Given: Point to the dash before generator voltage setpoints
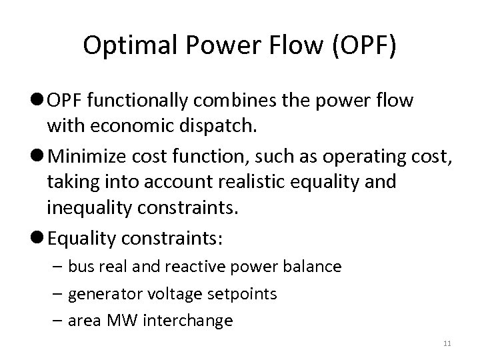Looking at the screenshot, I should click(x=59, y=293).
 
